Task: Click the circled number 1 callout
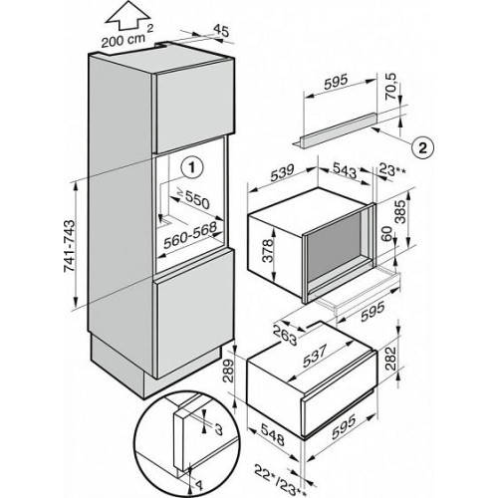click(191, 168)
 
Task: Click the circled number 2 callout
click(422, 147)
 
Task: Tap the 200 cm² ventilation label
click(126, 38)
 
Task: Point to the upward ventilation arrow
click(126, 16)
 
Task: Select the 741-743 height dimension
click(70, 246)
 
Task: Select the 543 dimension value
click(344, 170)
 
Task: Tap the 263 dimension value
click(286, 335)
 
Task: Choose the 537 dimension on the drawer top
click(314, 356)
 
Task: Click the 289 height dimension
click(229, 372)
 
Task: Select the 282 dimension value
click(390, 359)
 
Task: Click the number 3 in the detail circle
click(218, 429)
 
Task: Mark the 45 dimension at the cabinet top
click(221, 31)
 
